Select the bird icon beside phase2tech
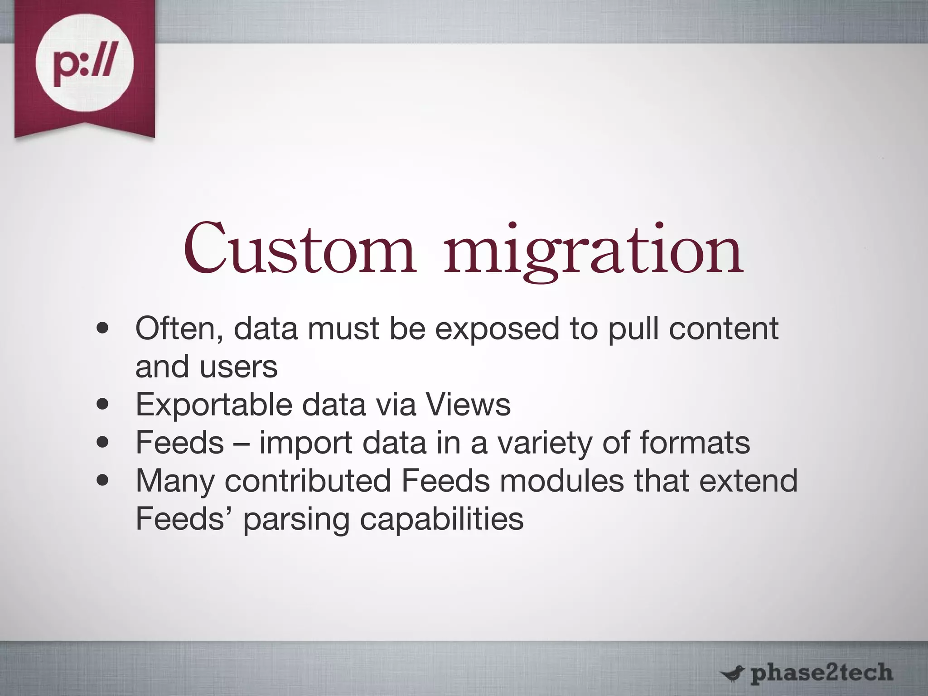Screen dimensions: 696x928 732,674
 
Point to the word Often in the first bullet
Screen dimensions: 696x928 179,328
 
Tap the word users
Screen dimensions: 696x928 238,367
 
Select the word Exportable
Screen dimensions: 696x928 214,405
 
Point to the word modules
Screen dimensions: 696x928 562,481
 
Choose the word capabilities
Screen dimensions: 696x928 442,519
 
